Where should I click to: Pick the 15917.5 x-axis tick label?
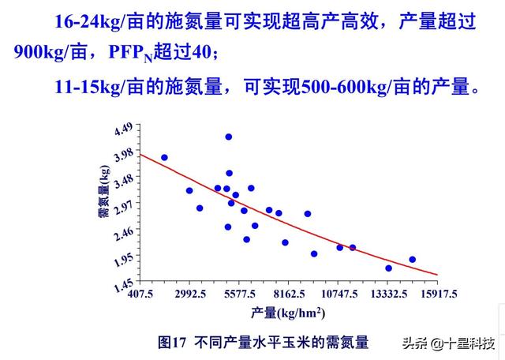point(439,293)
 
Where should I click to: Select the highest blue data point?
point(229,137)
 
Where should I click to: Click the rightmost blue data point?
point(412,259)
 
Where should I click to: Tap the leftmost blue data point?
point(164,157)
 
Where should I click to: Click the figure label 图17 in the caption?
point(171,343)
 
